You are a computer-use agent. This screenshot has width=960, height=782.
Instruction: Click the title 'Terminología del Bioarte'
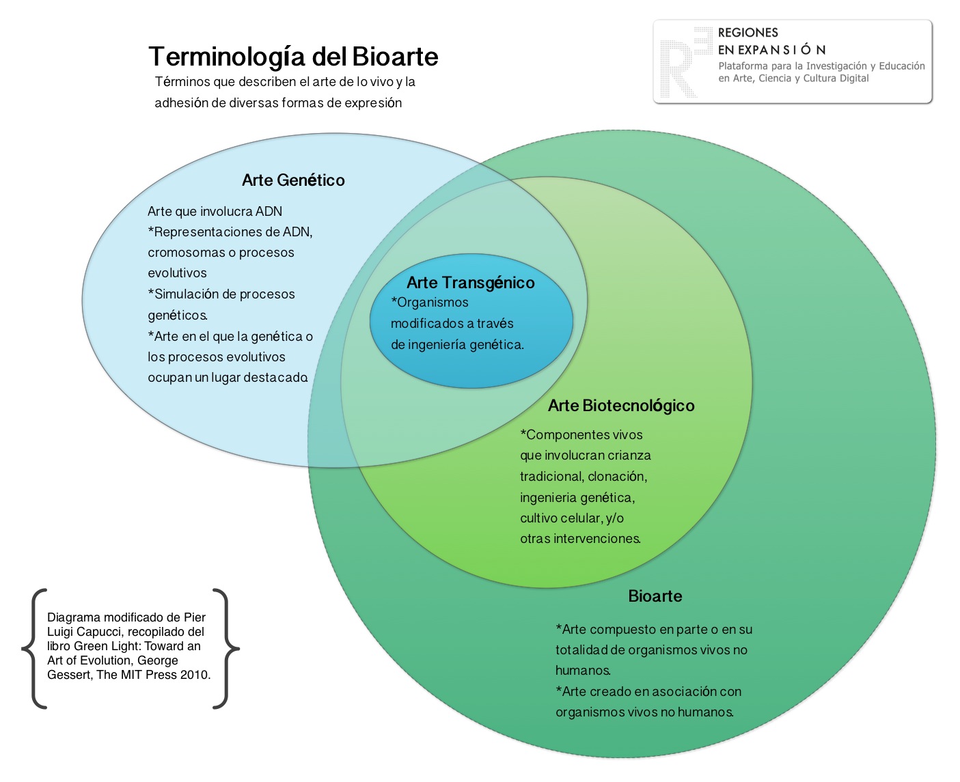(x=293, y=57)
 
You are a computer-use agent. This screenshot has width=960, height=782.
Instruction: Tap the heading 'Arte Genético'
(x=293, y=180)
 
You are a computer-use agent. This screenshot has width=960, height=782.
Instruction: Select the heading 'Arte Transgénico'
(x=471, y=283)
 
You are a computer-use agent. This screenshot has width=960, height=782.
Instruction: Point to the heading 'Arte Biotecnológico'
(x=621, y=406)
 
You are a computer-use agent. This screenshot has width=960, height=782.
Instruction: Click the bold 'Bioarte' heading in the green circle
(x=655, y=596)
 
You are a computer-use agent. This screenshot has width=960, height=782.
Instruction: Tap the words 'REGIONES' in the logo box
(x=748, y=32)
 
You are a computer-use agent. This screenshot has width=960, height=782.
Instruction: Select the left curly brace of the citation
(x=34, y=649)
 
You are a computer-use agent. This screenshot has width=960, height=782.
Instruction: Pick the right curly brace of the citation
(x=225, y=649)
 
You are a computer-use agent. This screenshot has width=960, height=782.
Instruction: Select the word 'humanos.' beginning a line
(x=584, y=670)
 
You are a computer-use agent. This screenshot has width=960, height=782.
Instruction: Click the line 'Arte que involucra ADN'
(x=215, y=211)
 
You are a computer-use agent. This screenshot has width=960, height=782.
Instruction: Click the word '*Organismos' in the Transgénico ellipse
(x=430, y=303)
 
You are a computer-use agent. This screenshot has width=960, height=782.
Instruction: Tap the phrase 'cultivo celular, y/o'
(x=572, y=518)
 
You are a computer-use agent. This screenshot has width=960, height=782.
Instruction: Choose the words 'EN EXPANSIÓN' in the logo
(x=771, y=50)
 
